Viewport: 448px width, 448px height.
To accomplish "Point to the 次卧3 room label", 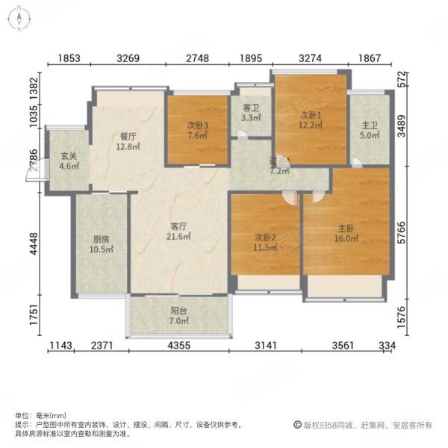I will click(196, 125).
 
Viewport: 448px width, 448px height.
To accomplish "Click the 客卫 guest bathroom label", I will click(251, 108).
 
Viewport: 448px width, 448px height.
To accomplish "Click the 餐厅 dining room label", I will click(128, 137).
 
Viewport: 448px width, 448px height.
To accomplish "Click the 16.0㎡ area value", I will click(346, 240).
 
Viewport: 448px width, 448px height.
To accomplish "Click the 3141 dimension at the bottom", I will click(266, 345).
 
